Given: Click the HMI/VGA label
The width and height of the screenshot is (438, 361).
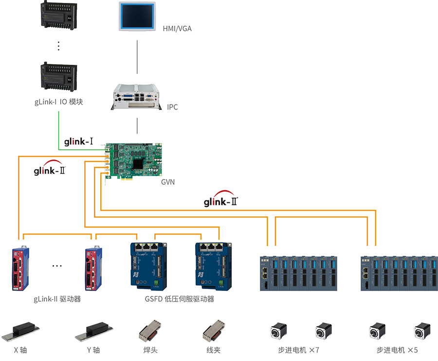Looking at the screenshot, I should coord(177,29).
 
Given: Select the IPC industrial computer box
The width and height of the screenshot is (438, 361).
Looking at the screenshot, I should coord(137,96).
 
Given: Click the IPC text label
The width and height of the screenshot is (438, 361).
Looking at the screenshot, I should coord(172,107).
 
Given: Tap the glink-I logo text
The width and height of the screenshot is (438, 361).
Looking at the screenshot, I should coord(78,142).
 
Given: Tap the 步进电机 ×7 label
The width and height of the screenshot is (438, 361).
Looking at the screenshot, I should coord(298,350).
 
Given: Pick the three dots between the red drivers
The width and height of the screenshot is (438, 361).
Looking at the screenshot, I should coord(57,266).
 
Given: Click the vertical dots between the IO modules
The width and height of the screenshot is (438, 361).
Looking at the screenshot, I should coord(58,46).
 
